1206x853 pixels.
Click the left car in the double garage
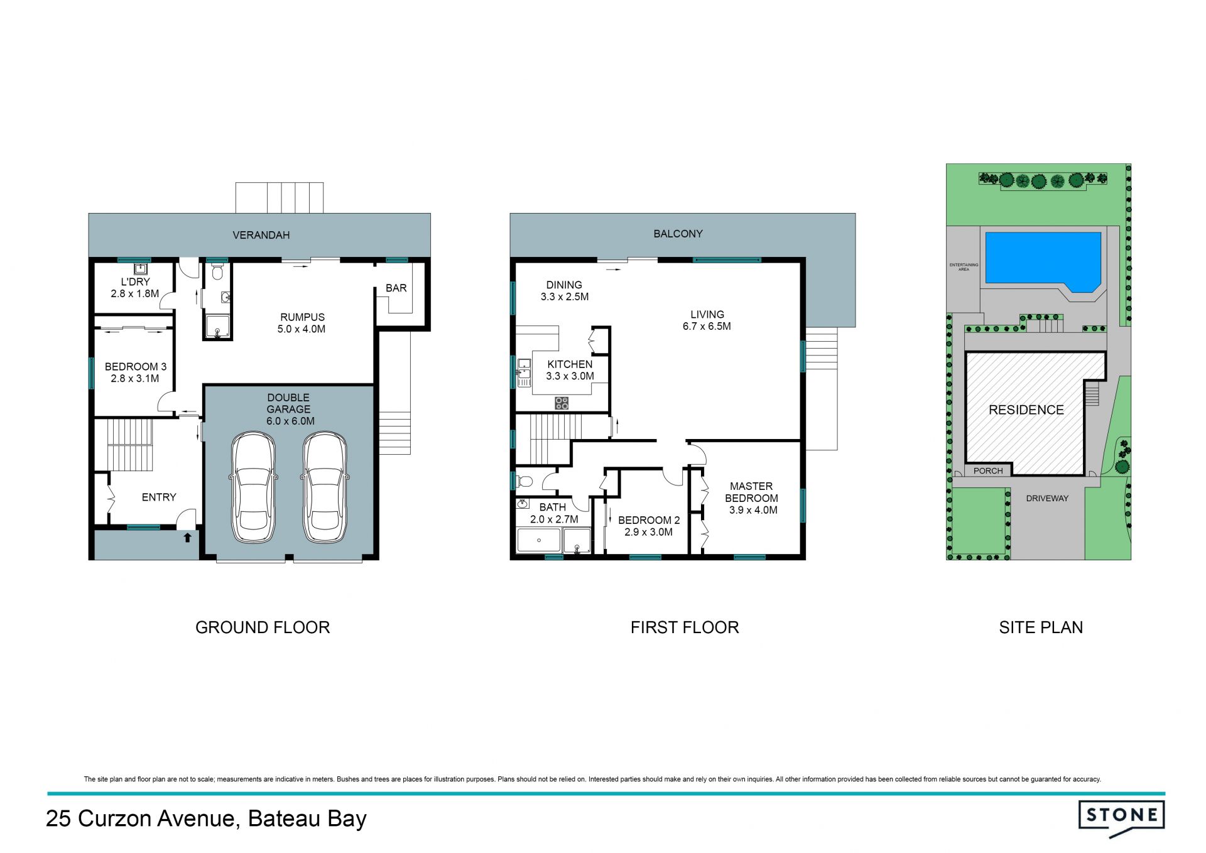[253, 487]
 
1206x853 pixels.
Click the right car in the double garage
[325, 487]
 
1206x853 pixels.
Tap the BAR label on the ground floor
[396, 288]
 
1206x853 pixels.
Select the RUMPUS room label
[302, 317]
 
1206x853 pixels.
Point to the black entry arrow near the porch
[187, 538]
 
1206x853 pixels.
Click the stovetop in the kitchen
[562, 403]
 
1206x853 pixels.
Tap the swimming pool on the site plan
[1043, 261]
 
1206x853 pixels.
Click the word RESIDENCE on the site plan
[1026, 410]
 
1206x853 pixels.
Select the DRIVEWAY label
[1047, 498]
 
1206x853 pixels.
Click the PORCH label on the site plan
[988, 470]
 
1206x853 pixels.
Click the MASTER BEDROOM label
[751, 492]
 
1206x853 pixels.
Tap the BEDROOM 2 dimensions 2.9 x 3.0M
[648, 532]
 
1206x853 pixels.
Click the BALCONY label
[678, 234]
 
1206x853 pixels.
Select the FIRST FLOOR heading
[685, 627]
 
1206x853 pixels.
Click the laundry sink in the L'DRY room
[141, 269]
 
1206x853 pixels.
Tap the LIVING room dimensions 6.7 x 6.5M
[707, 326]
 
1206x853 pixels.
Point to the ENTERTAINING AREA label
[964, 267]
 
